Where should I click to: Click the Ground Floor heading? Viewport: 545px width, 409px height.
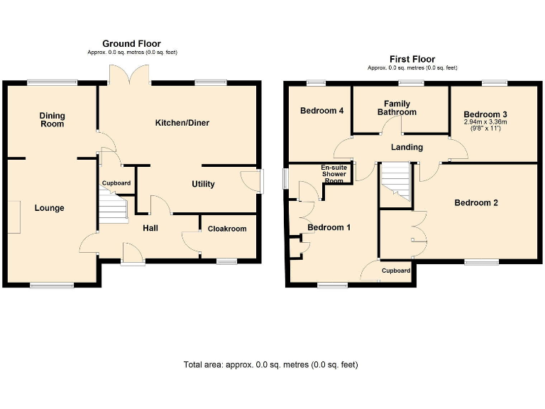[x=131, y=44]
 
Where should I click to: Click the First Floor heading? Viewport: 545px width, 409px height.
[x=412, y=59]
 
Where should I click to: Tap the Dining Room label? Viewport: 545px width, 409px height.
[x=52, y=119]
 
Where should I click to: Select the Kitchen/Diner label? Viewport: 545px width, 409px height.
[x=182, y=123]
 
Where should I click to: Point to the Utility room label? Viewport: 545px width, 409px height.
[x=203, y=184]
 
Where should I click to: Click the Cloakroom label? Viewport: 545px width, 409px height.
[x=227, y=229]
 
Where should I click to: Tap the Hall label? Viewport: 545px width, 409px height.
[x=150, y=228]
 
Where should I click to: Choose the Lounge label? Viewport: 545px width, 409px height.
[x=50, y=208]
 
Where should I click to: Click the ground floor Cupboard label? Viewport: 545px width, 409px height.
[x=116, y=183]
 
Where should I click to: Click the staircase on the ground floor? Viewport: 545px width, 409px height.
[x=111, y=209]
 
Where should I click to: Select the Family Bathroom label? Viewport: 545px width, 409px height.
[x=397, y=108]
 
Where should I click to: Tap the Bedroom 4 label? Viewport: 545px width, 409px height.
[x=321, y=111]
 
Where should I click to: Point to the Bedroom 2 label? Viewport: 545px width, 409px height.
[x=476, y=202]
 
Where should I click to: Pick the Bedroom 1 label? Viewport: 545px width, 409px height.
[x=329, y=227]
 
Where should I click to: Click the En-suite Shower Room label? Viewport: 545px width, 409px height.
[x=334, y=173]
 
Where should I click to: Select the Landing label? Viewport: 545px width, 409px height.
[x=407, y=148]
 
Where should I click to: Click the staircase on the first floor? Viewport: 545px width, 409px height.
[x=396, y=183]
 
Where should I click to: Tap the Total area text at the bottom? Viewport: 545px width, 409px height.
[x=270, y=365]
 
